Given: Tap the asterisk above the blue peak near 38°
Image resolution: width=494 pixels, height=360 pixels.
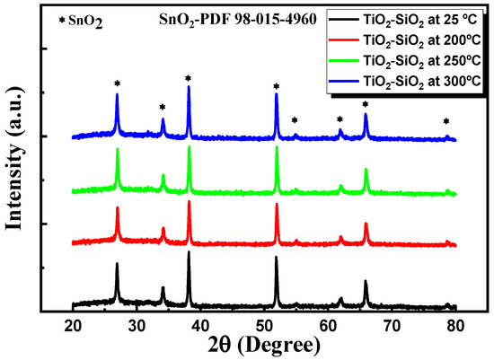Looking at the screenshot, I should [188, 78].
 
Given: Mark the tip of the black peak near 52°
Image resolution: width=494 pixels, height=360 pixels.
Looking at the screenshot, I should [276, 257].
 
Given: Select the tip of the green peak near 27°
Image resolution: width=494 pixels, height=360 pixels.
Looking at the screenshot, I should [117, 149].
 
